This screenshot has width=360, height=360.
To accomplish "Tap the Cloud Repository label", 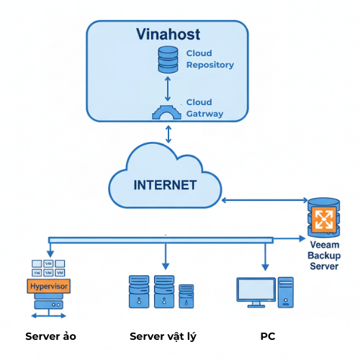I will point(210,59).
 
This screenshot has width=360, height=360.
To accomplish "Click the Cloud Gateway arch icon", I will point(167,112).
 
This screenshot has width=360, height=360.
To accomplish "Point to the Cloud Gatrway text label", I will point(204,108).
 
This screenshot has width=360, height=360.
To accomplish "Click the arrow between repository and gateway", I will point(167,88).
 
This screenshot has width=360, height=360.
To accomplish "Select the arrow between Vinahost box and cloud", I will point(168,133).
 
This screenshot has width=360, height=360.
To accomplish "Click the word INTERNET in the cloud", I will point(165,185).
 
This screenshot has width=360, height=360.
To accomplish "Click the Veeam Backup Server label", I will point(323,256).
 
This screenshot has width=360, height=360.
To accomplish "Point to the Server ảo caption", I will point(50,336).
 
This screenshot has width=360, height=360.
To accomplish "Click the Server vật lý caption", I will point(163,336).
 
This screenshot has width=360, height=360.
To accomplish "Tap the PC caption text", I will point(268,336).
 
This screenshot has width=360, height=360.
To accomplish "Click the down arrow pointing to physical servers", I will point(166,256).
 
